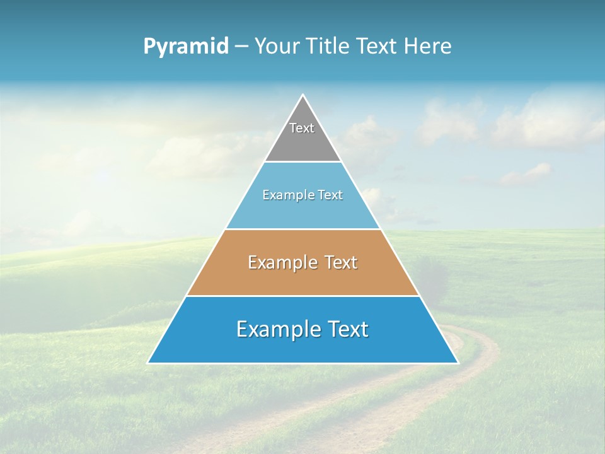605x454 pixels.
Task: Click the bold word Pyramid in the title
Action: tap(186, 47)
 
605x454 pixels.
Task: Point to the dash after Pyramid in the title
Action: tap(241, 47)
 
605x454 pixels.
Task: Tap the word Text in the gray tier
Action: tap(302, 128)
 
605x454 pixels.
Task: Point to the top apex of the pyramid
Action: tap(303, 95)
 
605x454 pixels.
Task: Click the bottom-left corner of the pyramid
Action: tap(149, 363)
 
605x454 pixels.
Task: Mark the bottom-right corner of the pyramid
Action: tap(458, 363)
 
